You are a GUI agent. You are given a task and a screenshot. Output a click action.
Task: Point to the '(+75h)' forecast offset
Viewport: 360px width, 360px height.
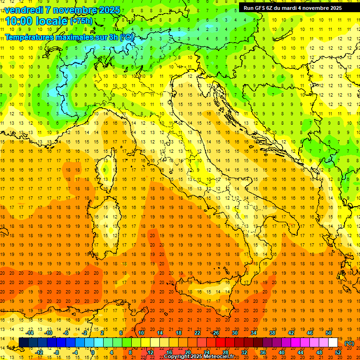tap(81, 21)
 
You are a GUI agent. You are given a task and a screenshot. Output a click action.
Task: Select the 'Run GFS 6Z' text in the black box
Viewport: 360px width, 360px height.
tap(259, 8)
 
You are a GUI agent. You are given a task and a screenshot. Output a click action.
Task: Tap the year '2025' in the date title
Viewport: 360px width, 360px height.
tap(109, 10)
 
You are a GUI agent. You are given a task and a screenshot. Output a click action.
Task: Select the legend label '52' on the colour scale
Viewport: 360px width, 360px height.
tap(338, 352)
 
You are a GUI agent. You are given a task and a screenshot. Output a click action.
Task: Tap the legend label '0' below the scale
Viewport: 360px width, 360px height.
tap(93, 352)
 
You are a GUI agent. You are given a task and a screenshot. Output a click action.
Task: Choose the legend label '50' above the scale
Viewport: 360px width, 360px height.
tap(329, 333)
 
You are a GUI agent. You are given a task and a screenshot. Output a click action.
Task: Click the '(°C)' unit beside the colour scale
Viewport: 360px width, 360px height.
tap(349, 343)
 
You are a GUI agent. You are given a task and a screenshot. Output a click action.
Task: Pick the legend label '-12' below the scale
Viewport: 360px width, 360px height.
tap(39, 352)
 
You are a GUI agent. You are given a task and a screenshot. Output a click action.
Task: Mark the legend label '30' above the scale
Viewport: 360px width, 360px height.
tap(234, 333)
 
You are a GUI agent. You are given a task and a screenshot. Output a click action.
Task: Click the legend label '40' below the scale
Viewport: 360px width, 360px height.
tap(281, 352)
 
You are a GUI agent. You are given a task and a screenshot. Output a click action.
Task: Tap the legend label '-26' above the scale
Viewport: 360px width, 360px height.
tap(215, 333)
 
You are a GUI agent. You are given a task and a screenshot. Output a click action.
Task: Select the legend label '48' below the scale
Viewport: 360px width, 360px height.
tap(319, 352)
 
